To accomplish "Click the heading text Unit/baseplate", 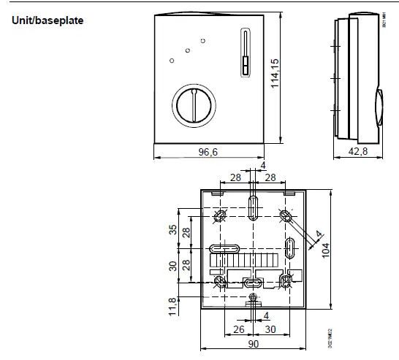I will coord(47,20).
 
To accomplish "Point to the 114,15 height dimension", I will coord(275,74).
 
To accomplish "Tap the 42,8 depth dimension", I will coord(358,151).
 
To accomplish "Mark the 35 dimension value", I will coord(172,229).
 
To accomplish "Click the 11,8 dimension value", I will coord(172,305).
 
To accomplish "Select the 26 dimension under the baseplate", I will coord(237,329).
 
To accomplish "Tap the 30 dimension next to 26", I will coord(270,329).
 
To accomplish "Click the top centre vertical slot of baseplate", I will coord(253,207).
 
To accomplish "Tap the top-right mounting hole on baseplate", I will coord(285,216).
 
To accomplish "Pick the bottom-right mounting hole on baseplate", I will coord(285,280).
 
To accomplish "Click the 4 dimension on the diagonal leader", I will coord(317,235).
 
